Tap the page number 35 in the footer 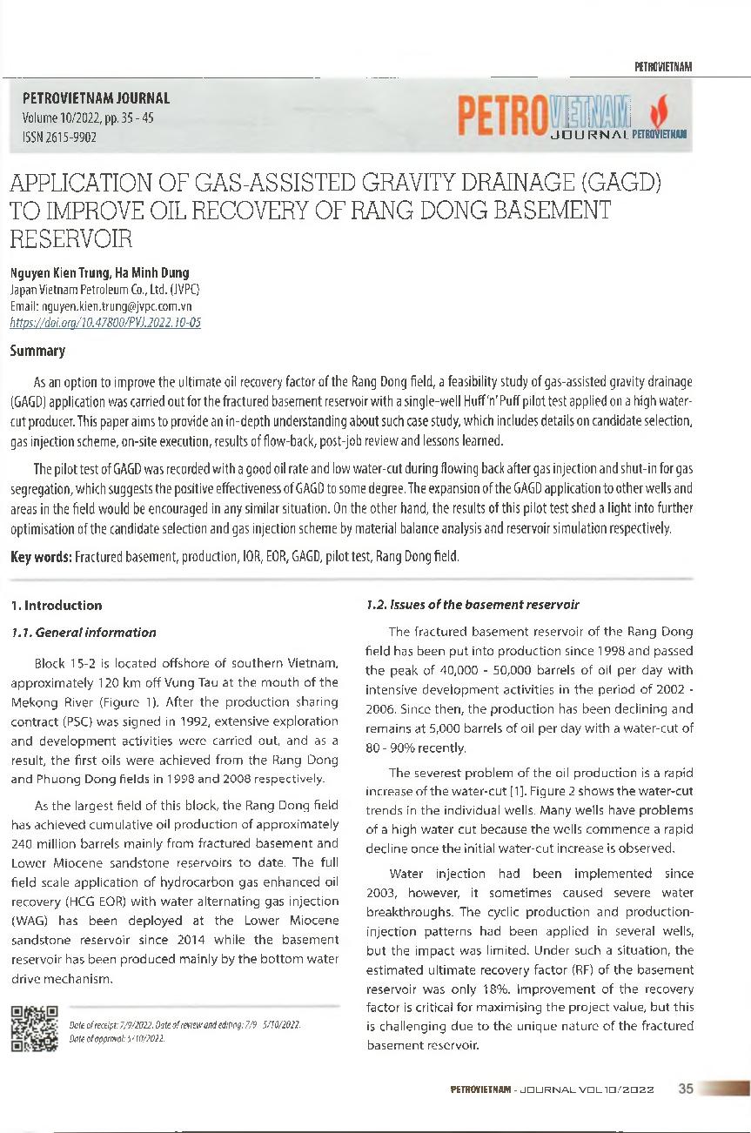[685, 1089]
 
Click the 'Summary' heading [37, 352]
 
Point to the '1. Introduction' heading [56, 605]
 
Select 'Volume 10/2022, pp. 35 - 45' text [87, 118]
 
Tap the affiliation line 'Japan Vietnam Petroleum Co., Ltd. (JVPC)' [105, 290]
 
